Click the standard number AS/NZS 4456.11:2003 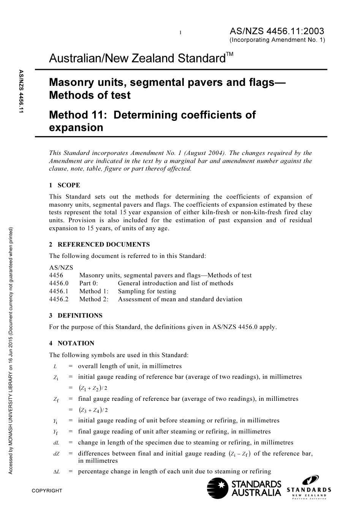tap(277, 31)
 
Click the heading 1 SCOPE tap(65, 185)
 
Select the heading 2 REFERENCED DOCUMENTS tap(99, 244)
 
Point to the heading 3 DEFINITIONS tap(76, 315)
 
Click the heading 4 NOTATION tap(71, 343)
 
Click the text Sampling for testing tap(147, 291)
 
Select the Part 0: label tap(89, 283)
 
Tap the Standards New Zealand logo tap(309, 488)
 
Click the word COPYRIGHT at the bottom tap(47, 490)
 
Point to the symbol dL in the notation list tap(56, 443)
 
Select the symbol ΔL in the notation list tap(56, 471)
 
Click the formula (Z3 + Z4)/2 tap(93, 410)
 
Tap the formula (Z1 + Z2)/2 tap(93, 388)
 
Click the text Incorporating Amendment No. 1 tap(277, 40)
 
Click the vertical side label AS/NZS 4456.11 tap(21, 91)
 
